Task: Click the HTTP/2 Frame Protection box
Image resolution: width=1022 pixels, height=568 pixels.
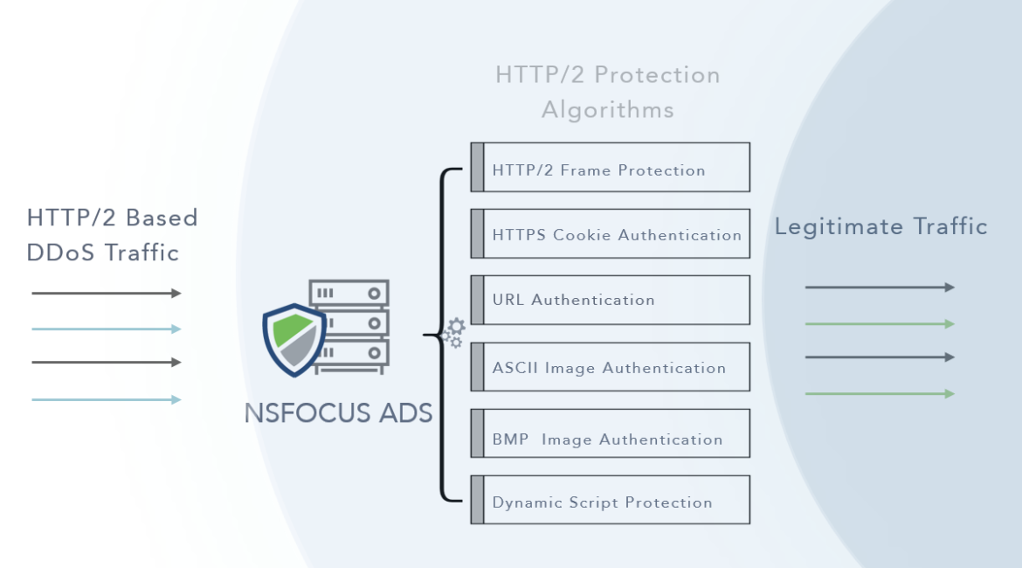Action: (x=610, y=167)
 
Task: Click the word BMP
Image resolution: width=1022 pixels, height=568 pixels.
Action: (x=510, y=440)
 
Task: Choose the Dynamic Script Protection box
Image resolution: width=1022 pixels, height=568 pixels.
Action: (x=610, y=500)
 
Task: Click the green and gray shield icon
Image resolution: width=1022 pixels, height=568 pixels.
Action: (x=294, y=339)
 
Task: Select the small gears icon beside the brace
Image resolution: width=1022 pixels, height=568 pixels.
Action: (x=453, y=334)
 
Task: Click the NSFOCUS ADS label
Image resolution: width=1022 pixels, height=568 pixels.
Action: (x=339, y=412)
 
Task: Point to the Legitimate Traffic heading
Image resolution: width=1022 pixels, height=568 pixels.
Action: (x=880, y=227)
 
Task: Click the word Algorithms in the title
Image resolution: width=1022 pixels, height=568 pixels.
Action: (x=608, y=110)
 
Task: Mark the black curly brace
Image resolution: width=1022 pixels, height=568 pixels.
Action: (x=444, y=335)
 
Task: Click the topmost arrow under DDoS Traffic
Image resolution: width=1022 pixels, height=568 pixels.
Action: (x=107, y=294)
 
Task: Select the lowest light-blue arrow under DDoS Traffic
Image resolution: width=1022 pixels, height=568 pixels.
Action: (x=107, y=399)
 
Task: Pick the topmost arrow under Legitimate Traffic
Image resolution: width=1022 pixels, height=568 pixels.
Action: (x=880, y=287)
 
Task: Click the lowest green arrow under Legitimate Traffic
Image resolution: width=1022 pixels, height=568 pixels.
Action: (x=880, y=393)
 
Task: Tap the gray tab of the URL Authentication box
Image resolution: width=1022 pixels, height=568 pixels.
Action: (x=477, y=300)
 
